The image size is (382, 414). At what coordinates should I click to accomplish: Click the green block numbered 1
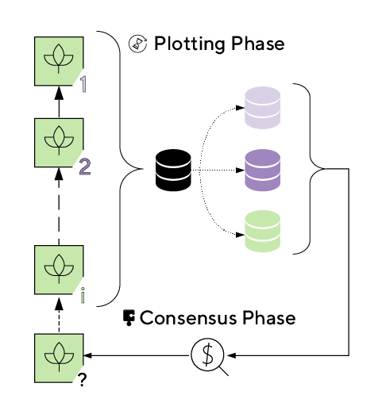[59, 61]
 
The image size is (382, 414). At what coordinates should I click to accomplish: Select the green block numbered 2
[59, 143]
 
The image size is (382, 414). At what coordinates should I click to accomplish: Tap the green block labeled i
[59, 270]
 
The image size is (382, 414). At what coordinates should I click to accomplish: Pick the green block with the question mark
[59, 358]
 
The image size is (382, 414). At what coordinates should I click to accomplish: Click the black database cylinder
[173, 170]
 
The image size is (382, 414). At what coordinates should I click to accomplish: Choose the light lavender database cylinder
[262, 108]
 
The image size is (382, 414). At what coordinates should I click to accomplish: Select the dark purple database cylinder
[262, 170]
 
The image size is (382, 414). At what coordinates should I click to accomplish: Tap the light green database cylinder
[262, 232]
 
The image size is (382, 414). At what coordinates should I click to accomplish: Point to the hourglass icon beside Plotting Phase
[137, 44]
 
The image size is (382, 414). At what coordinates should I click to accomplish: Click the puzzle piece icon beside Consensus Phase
[129, 318]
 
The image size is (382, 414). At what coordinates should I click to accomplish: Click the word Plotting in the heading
[190, 44]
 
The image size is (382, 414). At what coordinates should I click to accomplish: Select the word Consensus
[188, 318]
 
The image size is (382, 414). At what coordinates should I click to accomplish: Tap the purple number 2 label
[85, 167]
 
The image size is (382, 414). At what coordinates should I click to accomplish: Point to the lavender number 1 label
[83, 84]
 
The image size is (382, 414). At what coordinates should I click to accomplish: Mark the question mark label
[83, 380]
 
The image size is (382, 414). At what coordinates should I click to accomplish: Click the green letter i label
[83, 295]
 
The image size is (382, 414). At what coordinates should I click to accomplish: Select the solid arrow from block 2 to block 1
[59, 102]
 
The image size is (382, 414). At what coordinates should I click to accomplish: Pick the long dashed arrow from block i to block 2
[59, 206]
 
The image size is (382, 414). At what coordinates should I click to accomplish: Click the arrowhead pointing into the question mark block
[87, 355]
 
